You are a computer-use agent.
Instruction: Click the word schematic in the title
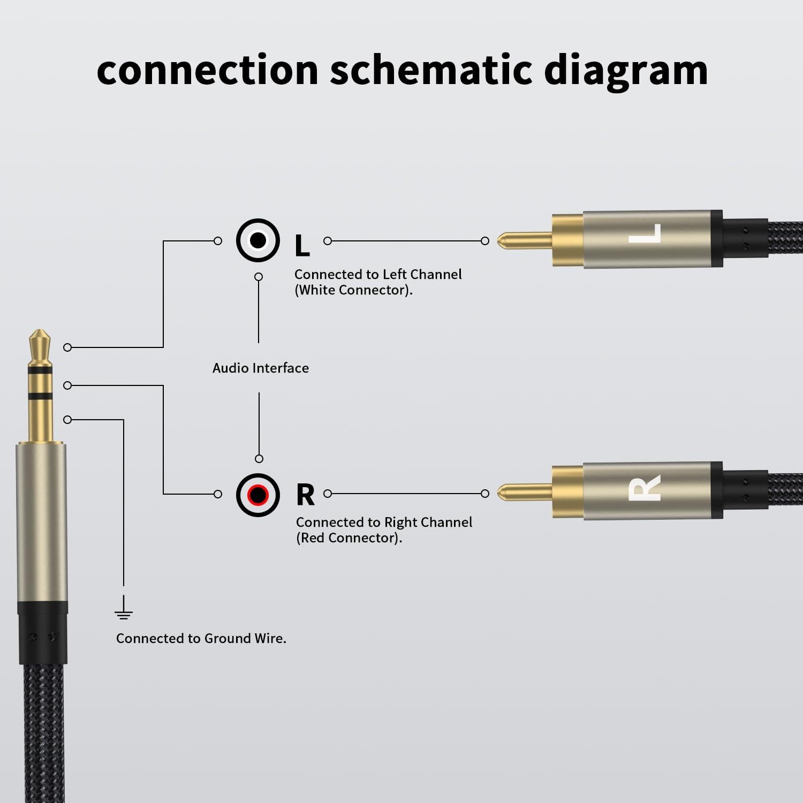click(x=431, y=70)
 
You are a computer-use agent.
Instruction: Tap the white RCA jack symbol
click(x=257, y=240)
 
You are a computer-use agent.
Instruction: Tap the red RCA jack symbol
click(x=257, y=494)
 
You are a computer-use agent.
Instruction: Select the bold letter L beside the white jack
click(x=302, y=246)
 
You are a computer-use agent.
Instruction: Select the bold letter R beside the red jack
click(x=305, y=495)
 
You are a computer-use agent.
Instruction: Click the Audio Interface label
click(x=260, y=368)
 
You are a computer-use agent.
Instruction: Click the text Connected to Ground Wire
click(x=201, y=639)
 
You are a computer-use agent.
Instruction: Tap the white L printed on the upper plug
click(x=645, y=233)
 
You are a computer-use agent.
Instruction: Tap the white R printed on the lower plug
click(x=645, y=488)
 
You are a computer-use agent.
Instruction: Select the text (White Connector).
click(x=353, y=290)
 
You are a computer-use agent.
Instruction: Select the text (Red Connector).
click(x=349, y=538)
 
